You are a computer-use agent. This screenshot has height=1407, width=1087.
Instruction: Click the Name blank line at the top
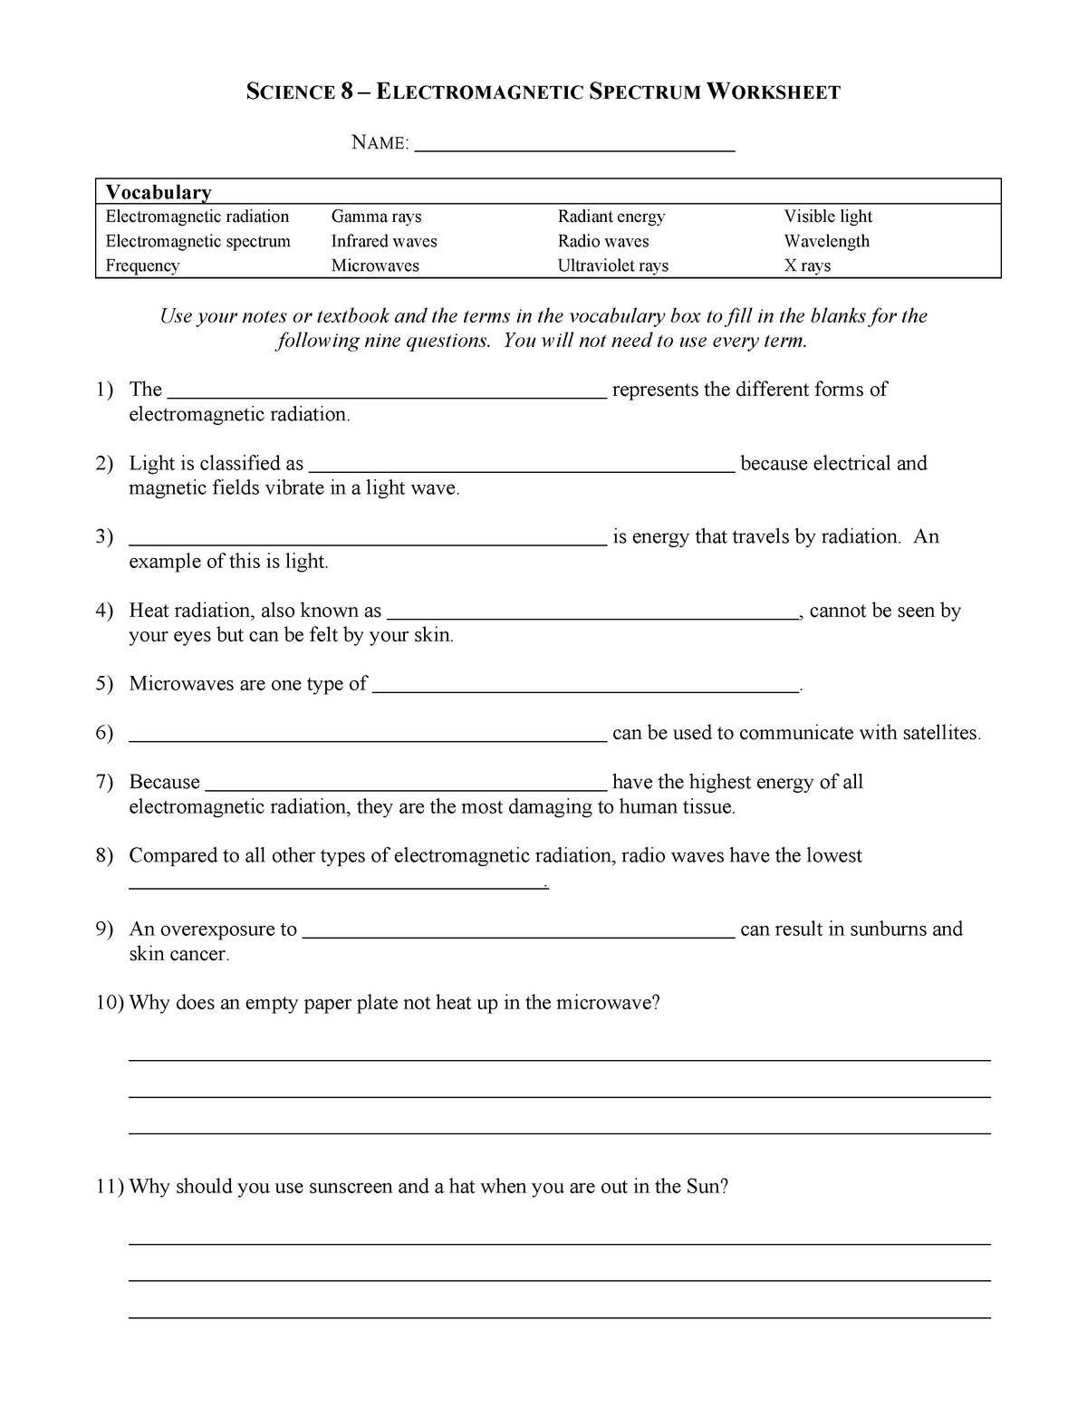coord(573,149)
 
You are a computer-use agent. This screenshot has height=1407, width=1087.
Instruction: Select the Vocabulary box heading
coord(159,192)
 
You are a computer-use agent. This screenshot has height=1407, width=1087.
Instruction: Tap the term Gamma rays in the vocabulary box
coord(376,217)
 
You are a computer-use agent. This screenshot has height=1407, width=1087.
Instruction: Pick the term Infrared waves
coord(384,241)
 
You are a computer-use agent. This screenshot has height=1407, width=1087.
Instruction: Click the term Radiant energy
coord(611,217)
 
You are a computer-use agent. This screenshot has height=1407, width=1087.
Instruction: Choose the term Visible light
coord(828,217)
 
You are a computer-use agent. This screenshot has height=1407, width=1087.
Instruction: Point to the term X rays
coord(807,265)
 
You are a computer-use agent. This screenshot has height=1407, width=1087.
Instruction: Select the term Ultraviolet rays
coord(613,265)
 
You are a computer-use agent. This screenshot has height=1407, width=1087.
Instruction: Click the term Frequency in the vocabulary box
coord(142,265)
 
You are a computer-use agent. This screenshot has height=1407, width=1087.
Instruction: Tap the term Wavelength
coord(826,241)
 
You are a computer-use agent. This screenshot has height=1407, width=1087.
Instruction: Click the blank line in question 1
coord(388,396)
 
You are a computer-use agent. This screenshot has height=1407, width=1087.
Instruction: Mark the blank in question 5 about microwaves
coord(586,690)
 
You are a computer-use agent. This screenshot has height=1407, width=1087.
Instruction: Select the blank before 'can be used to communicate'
coord(368,739)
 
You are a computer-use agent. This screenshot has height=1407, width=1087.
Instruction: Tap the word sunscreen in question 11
coord(350,1187)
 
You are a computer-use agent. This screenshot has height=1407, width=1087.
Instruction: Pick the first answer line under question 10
coord(560,1059)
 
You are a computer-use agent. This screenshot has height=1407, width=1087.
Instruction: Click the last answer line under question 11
coord(560,1317)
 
